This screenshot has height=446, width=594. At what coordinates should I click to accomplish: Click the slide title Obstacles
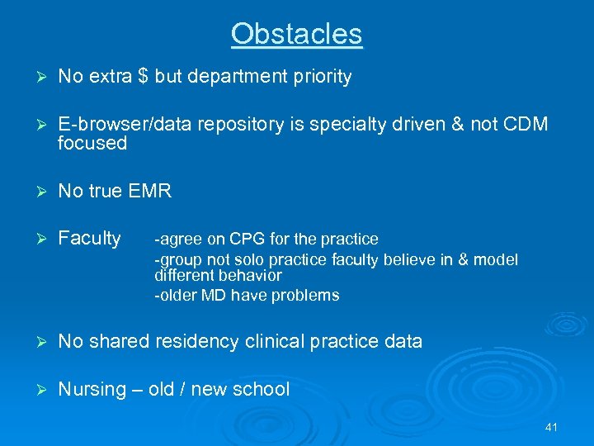click(x=296, y=34)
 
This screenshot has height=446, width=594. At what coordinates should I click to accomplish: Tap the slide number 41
click(x=552, y=427)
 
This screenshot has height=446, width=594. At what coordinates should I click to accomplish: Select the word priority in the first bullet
click(x=318, y=78)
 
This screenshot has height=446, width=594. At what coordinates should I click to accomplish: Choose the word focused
click(x=92, y=144)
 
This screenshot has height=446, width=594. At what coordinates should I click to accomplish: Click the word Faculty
click(x=89, y=239)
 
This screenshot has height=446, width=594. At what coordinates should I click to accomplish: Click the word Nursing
click(x=92, y=389)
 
